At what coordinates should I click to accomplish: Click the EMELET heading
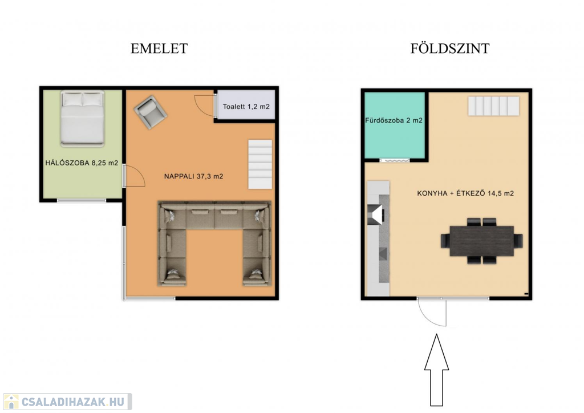tap(159, 49)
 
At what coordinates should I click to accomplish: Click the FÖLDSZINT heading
tap(449, 48)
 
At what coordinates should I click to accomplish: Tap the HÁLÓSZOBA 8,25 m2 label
tap(82, 163)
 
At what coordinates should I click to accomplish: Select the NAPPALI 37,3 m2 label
tap(194, 176)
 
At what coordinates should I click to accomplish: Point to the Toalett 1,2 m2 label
tap(246, 107)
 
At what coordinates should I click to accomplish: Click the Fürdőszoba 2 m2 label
tap(394, 120)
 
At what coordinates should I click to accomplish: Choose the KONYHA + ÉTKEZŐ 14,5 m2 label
tap(465, 193)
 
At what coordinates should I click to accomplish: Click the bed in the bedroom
tap(82, 119)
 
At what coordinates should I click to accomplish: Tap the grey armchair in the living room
tap(151, 112)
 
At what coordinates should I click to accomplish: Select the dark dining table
tap(481, 241)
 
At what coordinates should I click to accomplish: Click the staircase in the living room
tap(260, 164)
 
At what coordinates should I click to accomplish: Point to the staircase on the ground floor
tap(493, 106)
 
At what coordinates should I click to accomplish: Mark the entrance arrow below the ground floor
tap(436, 370)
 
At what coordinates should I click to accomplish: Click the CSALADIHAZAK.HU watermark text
tap(72, 402)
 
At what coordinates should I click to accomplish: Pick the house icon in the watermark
tap(11, 402)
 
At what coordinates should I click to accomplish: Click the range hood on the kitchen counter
tap(377, 215)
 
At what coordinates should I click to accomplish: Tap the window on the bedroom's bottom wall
tap(81, 200)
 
